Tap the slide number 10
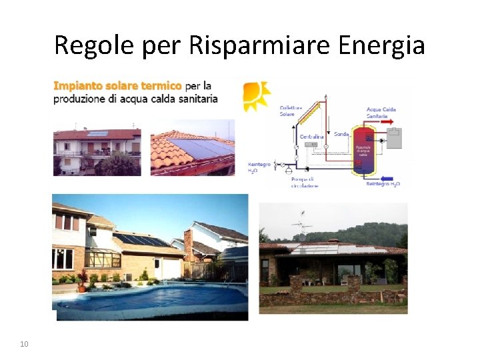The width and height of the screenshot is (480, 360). pyautogui.click(x=25, y=344)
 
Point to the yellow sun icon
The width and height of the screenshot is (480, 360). pyautogui.click(x=255, y=95)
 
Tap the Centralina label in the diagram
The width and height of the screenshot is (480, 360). pyautogui.click(x=311, y=137)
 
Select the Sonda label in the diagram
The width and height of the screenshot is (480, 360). pyautogui.click(x=341, y=134)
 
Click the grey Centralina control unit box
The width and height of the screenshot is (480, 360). pyautogui.click(x=312, y=147)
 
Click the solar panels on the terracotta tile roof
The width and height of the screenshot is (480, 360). pyautogui.click(x=193, y=150)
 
